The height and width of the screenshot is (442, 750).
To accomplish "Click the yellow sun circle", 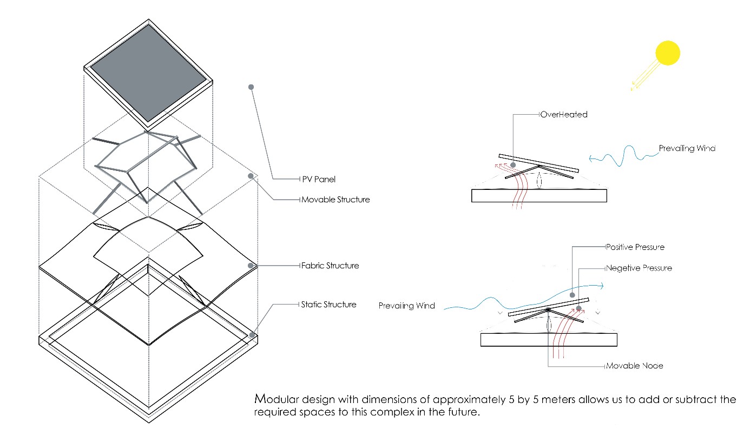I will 667,54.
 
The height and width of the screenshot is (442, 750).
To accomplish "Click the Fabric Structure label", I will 330,266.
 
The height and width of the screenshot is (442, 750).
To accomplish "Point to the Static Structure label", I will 328,305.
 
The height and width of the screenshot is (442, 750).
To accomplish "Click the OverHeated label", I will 563,115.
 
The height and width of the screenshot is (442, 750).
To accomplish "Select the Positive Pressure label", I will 635,247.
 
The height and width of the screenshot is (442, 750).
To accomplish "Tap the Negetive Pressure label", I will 639,268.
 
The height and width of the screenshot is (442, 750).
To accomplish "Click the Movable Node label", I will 635,366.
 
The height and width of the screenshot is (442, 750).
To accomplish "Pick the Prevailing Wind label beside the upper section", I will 687,148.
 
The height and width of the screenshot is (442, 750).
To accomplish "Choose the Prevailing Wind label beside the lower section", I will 407,306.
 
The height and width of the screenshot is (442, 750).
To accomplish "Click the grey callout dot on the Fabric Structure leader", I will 251,266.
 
